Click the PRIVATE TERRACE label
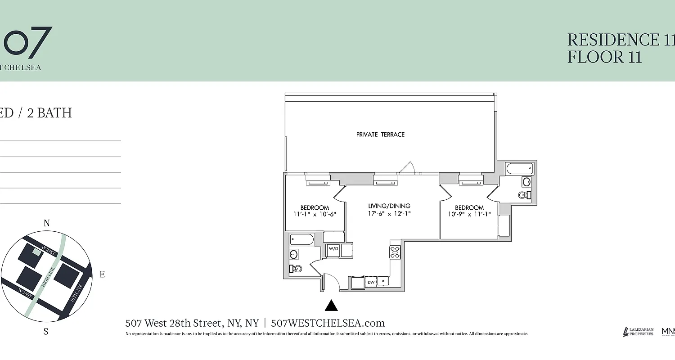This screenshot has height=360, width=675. [x=380, y=135]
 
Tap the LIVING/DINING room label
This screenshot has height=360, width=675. [x=387, y=206]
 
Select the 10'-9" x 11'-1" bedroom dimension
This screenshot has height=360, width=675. [x=469, y=215]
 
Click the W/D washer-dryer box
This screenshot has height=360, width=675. [x=333, y=249]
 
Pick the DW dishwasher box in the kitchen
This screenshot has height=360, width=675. [x=371, y=282]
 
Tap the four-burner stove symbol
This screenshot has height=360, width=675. [x=395, y=252]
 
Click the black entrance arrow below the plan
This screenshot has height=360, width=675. [x=331, y=306]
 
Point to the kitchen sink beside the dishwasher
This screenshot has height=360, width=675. [x=383, y=281]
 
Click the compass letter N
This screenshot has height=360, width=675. [x=46, y=223]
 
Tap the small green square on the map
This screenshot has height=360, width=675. [x=36, y=252]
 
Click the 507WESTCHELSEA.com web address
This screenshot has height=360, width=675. [x=328, y=323]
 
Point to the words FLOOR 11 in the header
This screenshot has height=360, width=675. [x=604, y=57]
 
